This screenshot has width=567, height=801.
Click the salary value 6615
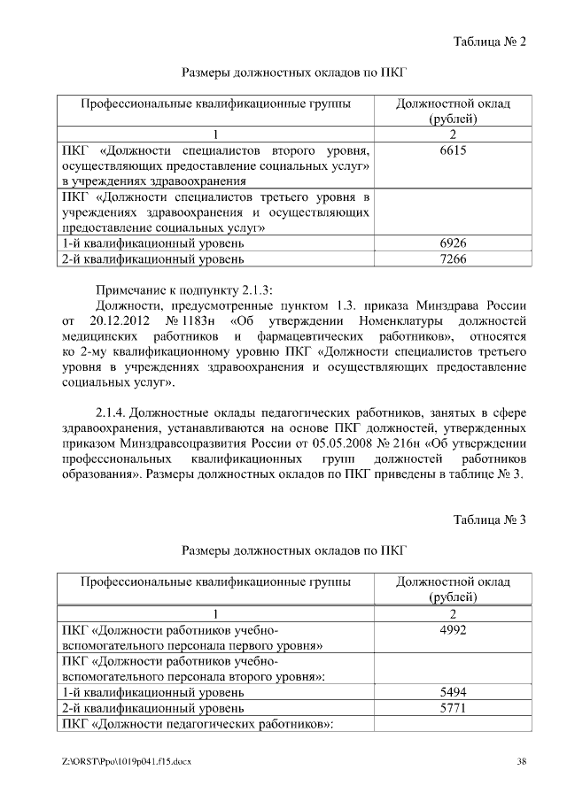(x=453, y=151)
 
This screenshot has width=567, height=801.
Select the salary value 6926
(x=453, y=242)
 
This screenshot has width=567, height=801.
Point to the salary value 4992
(x=453, y=630)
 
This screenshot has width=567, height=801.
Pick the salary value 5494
(x=453, y=691)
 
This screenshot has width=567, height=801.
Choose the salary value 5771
(x=453, y=708)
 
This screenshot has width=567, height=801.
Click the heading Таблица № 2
(x=490, y=42)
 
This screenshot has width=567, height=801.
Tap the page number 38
(x=522, y=762)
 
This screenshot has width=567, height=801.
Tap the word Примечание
(x=132, y=289)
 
